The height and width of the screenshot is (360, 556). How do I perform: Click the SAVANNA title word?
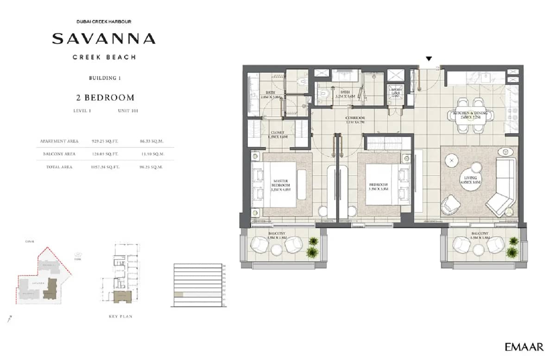coord(103,38)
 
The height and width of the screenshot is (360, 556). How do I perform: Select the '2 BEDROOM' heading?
coord(105,97)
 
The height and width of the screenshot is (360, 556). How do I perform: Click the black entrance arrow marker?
coord(429,59)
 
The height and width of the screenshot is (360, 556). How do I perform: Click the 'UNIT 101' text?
coord(128,111)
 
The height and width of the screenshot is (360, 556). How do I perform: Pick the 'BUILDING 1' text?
coord(105,78)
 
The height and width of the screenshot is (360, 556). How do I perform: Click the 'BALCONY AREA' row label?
coord(59,154)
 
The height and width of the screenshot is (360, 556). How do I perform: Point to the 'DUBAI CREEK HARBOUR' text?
coord(103,22)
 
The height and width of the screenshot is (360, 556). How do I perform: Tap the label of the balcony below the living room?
coord(479,235)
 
